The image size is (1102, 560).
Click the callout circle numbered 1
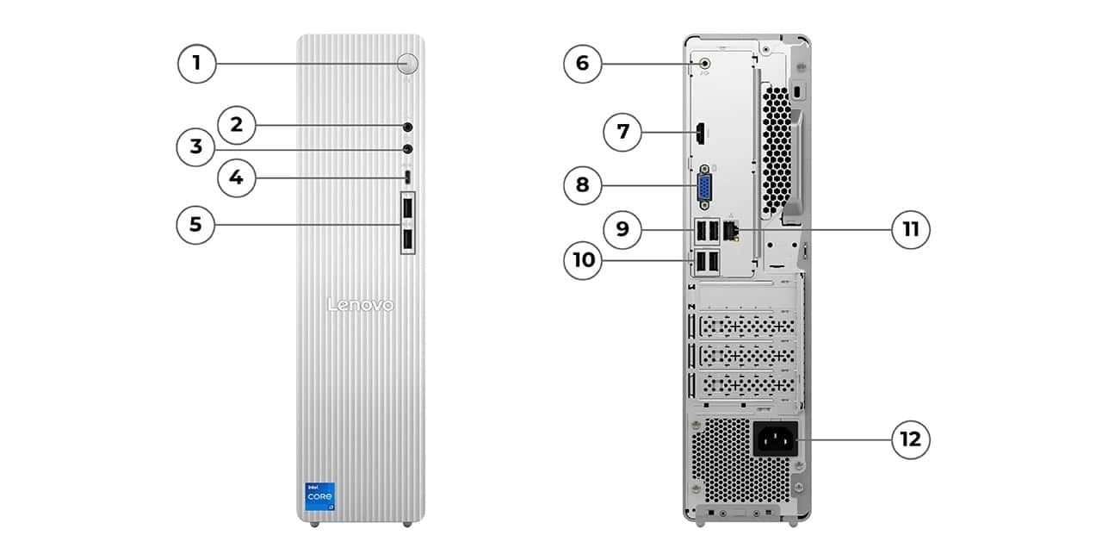point(196,63)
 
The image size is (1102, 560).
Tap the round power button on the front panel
point(409,62)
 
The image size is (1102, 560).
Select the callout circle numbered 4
point(237,178)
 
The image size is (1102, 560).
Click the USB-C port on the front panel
point(408,177)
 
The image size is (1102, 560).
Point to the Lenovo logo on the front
point(361,305)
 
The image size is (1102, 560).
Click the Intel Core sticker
point(320,497)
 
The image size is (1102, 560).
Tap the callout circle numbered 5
point(196,225)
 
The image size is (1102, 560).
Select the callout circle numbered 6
point(583,63)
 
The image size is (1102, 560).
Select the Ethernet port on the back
point(732,231)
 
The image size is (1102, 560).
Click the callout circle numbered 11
point(910,230)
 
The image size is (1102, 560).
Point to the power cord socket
point(775,439)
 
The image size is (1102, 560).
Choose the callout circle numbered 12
point(910,440)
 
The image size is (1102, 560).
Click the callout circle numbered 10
point(583,259)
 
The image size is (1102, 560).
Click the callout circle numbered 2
point(237,126)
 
